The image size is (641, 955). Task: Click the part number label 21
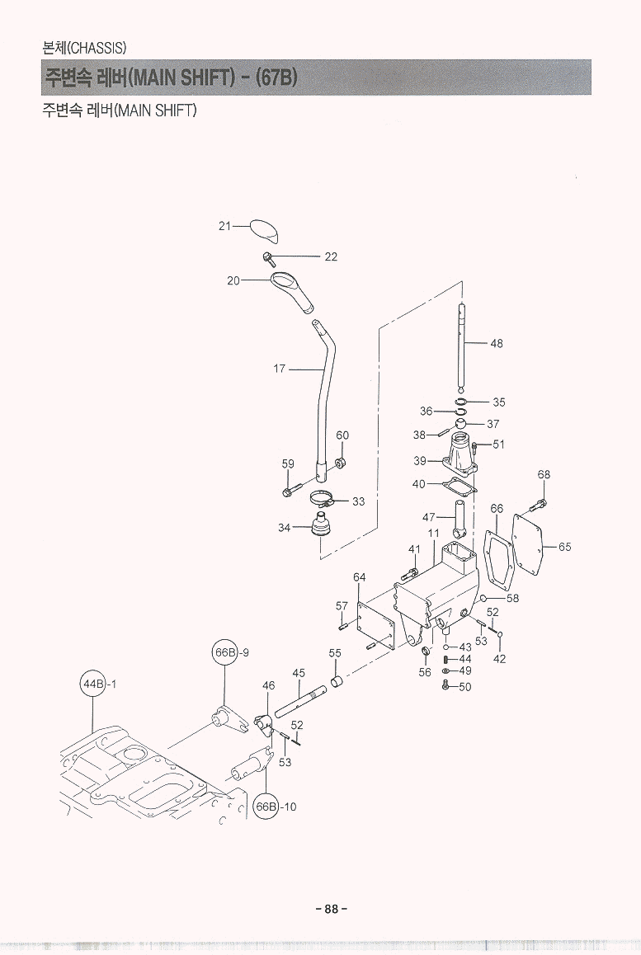click(224, 225)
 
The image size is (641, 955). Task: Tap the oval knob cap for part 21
click(266, 230)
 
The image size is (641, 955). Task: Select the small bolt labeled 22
click(269, 257)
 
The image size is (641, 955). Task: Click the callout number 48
click(496, 343)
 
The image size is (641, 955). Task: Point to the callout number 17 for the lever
click(280, 369)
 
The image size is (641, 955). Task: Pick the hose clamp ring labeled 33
click(324, 499)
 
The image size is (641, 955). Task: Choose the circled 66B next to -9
click(225, 652)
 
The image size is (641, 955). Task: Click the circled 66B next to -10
click(266, 807)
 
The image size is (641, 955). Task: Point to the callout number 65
click(564, 547)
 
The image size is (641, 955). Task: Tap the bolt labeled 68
click(540, 502)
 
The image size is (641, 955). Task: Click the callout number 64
click(360, 576)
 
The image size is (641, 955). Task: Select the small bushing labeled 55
click(336, 682)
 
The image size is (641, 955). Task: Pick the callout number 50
click(464, 687)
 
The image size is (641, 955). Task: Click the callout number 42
click(499, 659)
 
